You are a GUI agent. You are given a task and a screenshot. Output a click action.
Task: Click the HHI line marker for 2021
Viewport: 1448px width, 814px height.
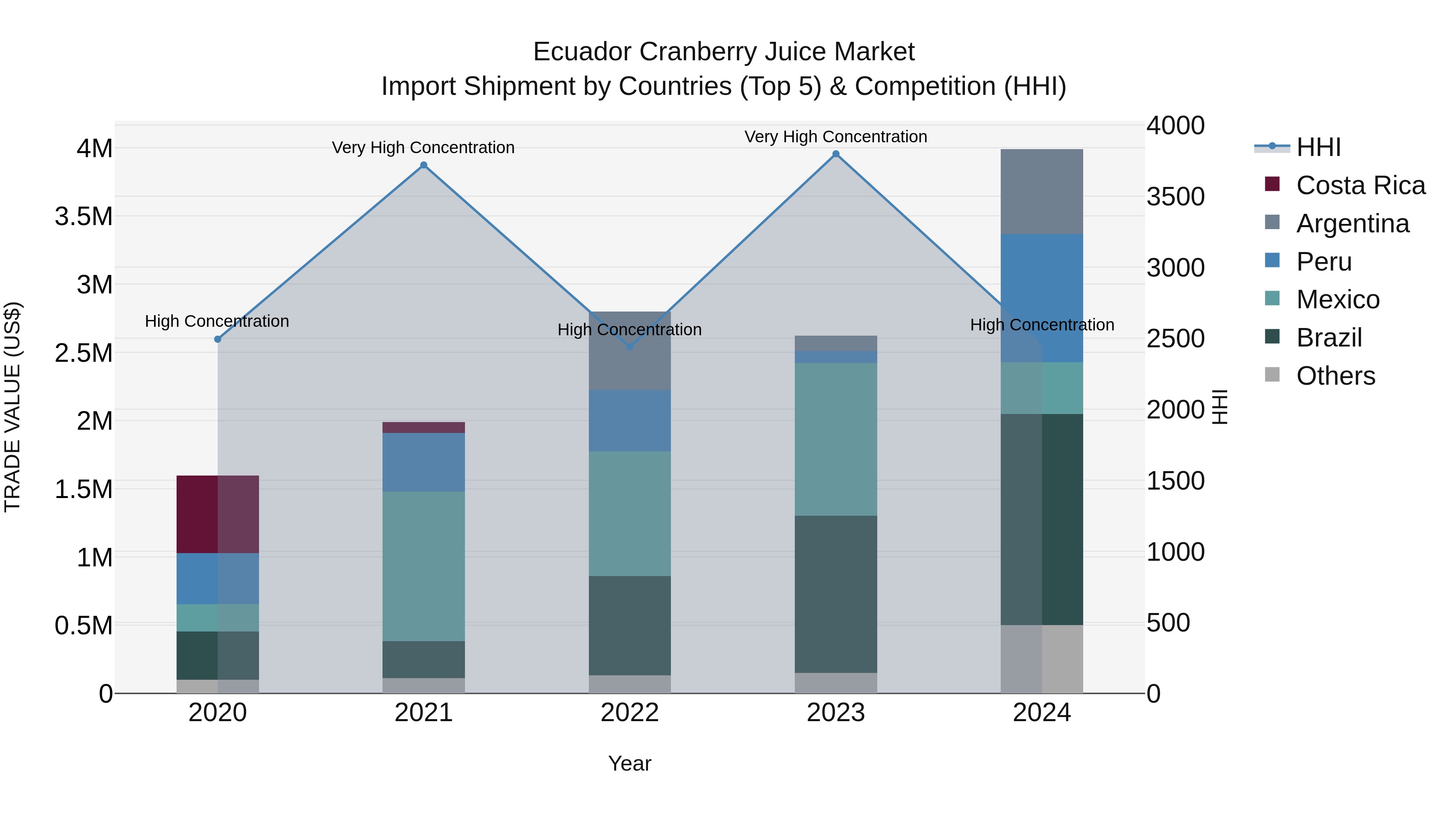[424, 165]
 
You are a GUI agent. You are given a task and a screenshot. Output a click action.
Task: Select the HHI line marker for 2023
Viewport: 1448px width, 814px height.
[836, 154]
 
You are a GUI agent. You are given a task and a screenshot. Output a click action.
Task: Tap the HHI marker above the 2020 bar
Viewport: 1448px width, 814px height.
[218, 339]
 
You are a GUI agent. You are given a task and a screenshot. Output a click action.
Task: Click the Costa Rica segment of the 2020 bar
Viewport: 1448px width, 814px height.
[218, 514]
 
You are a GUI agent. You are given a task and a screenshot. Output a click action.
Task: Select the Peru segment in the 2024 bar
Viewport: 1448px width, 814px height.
[1042, 298]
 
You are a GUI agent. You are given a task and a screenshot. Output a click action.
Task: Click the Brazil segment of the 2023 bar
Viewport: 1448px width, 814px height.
[836, 594]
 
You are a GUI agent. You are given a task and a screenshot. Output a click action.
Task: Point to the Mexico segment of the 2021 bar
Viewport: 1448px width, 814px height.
[424, 566]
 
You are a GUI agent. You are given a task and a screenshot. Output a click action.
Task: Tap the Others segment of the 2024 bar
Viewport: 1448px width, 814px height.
[1042, 659]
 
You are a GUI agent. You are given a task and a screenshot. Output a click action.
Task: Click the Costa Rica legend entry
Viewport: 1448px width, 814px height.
[1360, 185]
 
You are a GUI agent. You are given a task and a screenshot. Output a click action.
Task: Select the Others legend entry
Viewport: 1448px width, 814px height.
[1335, 376]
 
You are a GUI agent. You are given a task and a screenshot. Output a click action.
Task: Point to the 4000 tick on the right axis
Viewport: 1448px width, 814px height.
[1175, 125]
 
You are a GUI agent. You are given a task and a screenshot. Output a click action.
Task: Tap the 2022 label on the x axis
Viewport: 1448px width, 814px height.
[629, 713]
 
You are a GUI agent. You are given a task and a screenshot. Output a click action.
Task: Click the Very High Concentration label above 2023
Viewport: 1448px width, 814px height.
[836, 137]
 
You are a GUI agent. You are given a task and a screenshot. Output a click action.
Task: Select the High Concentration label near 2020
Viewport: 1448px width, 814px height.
[217, 321]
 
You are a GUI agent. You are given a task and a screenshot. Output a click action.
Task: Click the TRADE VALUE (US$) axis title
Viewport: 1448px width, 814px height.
[12, 407]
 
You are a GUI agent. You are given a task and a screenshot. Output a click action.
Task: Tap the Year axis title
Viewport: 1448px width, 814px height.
[629, 763]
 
